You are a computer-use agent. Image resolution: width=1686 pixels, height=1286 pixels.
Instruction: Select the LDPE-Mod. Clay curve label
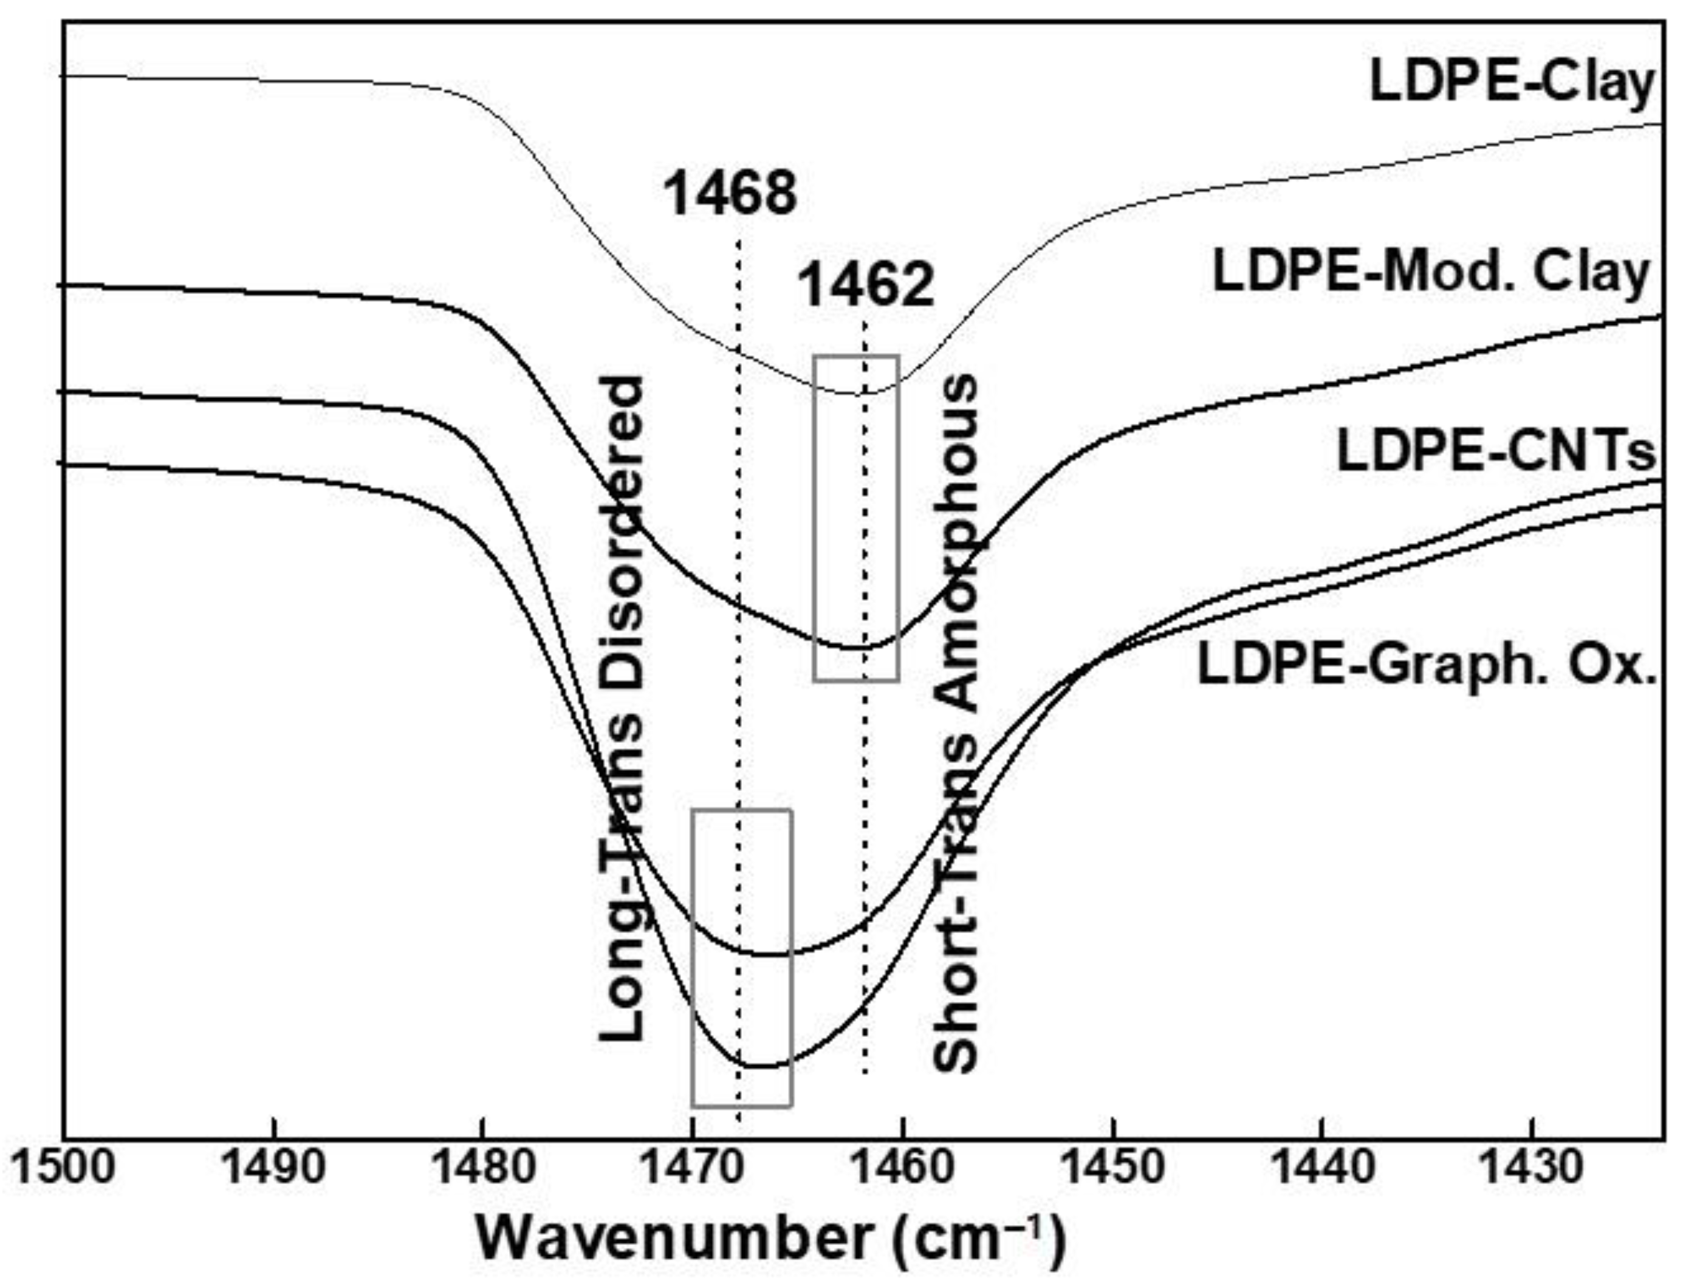coord(1432,272)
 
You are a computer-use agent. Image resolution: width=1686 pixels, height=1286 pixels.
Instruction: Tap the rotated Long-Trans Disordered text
coord(621,708)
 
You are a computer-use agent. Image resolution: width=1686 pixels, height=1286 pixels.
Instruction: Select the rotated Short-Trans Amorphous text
coord(956,723)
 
